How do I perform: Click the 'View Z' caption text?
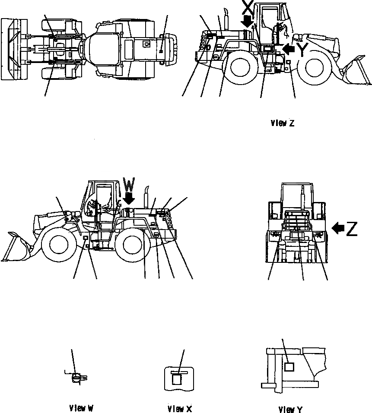pos(282,123)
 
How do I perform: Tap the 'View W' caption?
pos(81,407)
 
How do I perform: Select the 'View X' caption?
pos(179,408)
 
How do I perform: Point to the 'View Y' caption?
pos(290,409)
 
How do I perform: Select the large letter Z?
pos(351,229)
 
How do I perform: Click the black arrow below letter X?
pos(248,22)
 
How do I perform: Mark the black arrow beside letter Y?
pos(289,50)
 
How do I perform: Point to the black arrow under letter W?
pos(129,199)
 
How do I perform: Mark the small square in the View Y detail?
pos(289,367)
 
